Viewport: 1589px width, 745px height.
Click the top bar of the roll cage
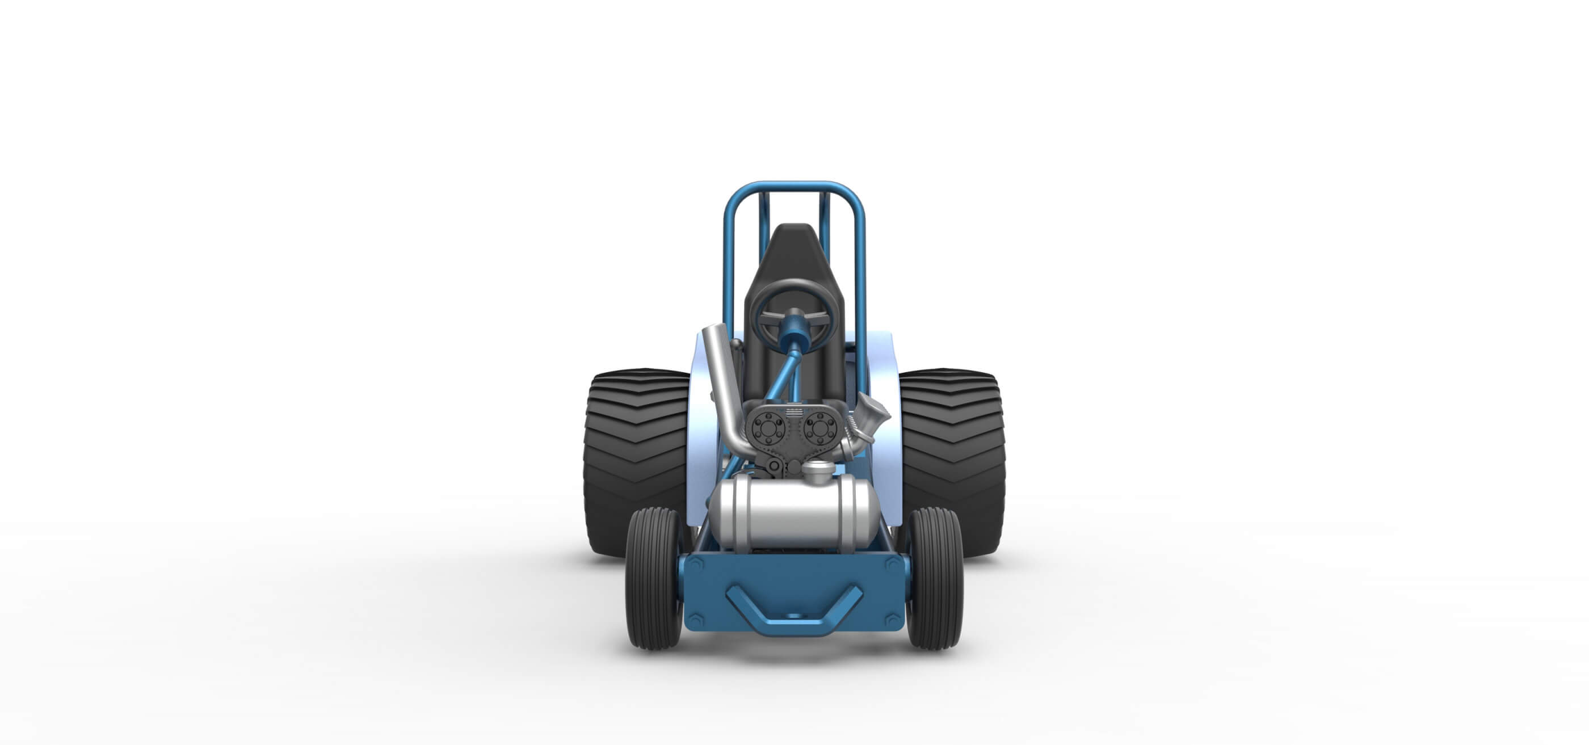[x=794, y=186]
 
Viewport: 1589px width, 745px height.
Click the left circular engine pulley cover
[x=767, y=427]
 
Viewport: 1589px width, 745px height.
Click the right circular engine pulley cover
[x=821, y=427]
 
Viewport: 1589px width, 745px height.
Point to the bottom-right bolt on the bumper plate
[x=892, y=618]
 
